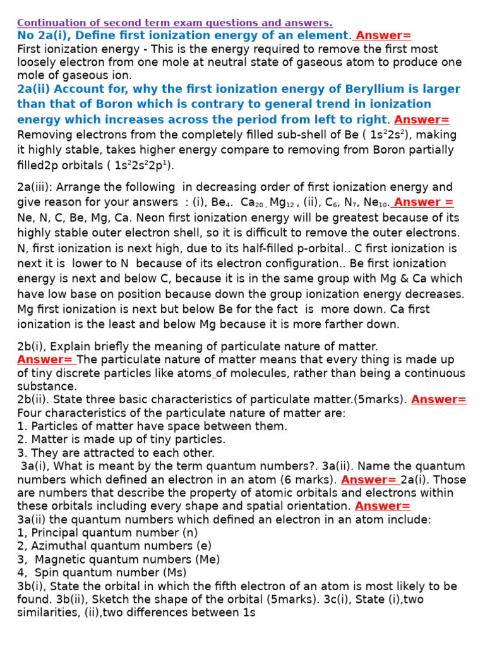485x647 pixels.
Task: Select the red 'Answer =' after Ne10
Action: (423, 202)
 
